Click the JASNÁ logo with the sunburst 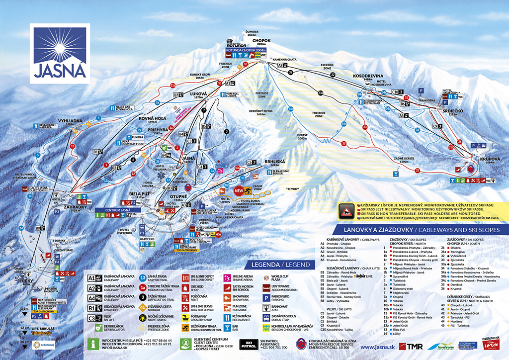point(60,52)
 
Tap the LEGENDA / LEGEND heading point(281,264)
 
